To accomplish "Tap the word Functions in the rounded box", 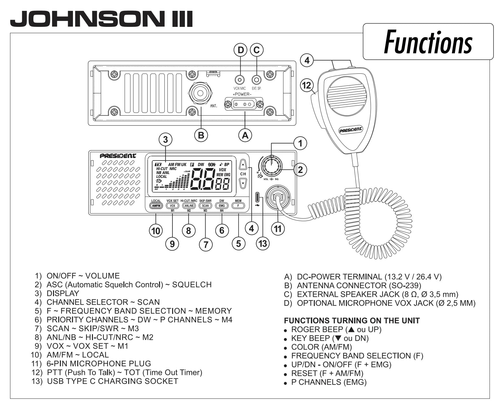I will pos(428,42).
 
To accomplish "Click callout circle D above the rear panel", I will pos(241,50).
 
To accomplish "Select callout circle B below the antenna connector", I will pos(201,135).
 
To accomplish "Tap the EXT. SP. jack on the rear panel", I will pos(257,80).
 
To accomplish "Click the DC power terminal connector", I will pos(242,105).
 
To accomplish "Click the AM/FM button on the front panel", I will pos(156,206).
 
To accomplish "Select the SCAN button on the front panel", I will pos(205,206).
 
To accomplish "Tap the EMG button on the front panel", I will pos(222,206).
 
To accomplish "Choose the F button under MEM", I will pos(238,206).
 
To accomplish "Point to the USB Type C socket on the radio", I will pos(258,198).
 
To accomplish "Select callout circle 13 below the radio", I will pos(263,243).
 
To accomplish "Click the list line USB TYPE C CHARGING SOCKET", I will pos(112,381).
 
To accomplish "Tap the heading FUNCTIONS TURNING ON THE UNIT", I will pos(352,321).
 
